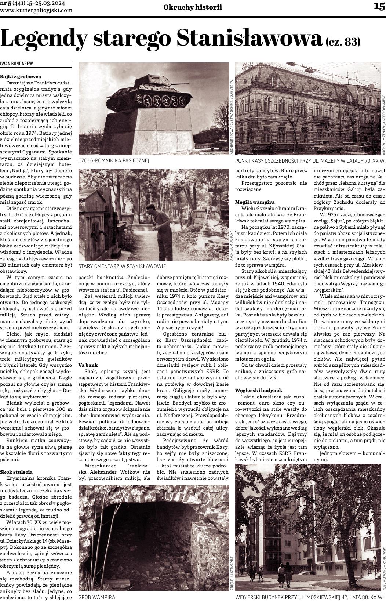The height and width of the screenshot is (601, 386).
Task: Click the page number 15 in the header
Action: tap(379, 6)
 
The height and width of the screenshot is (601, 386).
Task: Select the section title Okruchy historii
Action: tap(193, 7)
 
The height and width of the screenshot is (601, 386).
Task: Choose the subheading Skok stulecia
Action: tap(17, 472)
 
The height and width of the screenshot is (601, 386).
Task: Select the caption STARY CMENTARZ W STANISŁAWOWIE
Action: tap(122, 266)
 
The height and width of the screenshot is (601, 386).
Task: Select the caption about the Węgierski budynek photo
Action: tap(310, 597)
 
